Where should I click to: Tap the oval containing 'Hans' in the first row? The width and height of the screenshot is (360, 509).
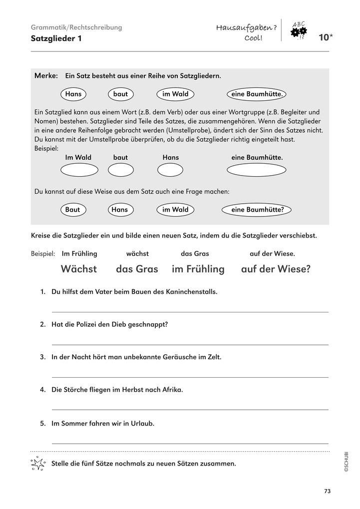pyautogui.click(x=73, y=94)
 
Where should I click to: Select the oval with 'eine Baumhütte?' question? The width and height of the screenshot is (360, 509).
pyautogui.click(x=257, y=210)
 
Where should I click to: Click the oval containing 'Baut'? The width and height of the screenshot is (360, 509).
pyautogui.click(x=72, y=210)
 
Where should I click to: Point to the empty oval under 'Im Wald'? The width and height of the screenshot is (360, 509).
pyautogui.click(x=79, y=170)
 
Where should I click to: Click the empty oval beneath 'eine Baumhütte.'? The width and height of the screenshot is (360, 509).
pyautogui.click(x=257, y=170)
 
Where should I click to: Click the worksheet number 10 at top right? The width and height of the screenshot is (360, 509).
pyautogui.click(x=323, y=37)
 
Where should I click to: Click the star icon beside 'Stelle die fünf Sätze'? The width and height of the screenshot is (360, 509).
pyautogui.click(x=38, y=464)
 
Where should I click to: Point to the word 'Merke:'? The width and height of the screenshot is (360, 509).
pyautogui.click(x=46, y=76)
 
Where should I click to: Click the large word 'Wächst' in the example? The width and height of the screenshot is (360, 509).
pyautogui.click(x=79, y=269)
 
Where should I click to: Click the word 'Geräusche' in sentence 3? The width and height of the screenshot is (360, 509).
pyautogui.click(x=178, y=357)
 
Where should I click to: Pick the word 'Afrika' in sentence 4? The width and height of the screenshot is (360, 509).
pyautogui.click(x=171, y=390)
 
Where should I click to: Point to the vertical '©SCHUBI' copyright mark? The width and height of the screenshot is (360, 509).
pyautogui.click(x=346, y=461)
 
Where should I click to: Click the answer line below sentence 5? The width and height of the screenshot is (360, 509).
pyautogui.click(x=190, y=443)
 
